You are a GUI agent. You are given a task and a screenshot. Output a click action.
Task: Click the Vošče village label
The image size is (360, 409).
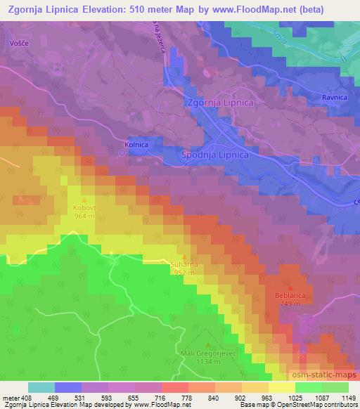pyautogui.click(x=18, y=42)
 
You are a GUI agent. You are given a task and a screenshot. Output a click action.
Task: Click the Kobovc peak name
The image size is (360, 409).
pyautogui.click(x=84, y=209)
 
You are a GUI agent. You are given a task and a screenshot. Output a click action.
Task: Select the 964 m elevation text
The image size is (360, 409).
pyautogui.click(x=84, y=216)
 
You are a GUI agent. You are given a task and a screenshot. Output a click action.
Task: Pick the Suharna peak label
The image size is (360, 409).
pyautogui.click(x=183, y=264)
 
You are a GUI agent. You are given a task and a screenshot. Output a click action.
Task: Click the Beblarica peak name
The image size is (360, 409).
pyautogui.click(x=290, y=296)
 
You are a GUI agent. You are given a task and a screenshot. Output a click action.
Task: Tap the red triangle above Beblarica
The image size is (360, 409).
pyautogui.click(x=290, y=287)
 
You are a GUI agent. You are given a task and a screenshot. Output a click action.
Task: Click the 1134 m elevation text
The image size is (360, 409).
pyautogui.click(x=207, y=363)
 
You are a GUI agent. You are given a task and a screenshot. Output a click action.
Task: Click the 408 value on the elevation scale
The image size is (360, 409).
pyautogui.click(x=24, y=398)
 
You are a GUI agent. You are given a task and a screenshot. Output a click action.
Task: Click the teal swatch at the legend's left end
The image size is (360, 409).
pyautogui.click(x=41, y=387)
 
